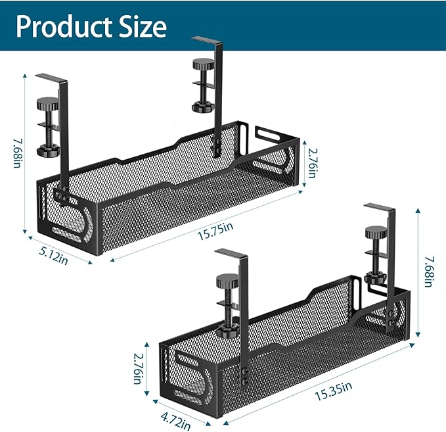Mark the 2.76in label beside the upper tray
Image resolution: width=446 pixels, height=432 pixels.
pos(315,162)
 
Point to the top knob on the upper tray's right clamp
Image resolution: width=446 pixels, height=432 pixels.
pos(200,65)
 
